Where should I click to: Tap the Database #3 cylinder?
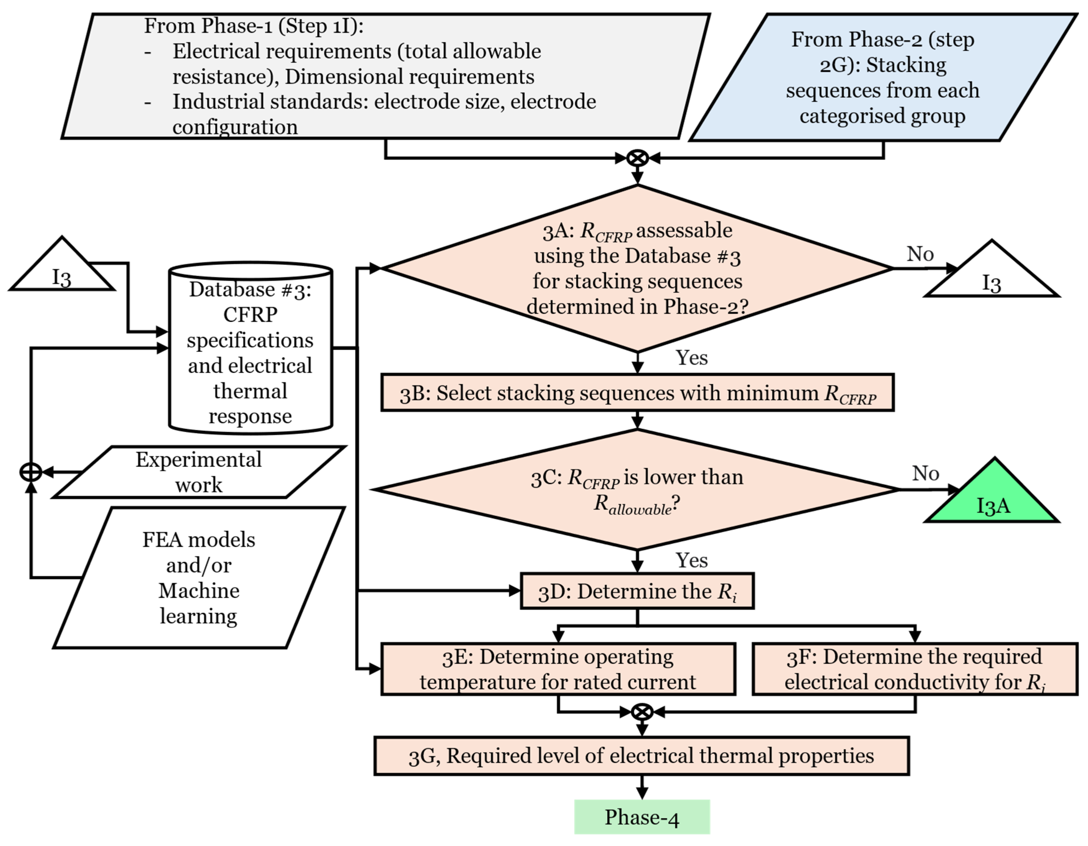(251, 347)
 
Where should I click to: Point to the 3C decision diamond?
(637, 490)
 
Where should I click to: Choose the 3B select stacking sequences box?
(638, 393)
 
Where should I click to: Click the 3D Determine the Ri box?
(637, 591)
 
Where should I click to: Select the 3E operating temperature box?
(558, 669)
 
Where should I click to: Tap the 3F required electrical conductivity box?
(915, 669)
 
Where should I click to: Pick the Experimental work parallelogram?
(199, 472)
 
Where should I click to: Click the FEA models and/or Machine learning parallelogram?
(199, 577)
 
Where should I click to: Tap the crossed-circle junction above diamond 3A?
(638, 158)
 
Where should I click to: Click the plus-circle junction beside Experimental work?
(31, 472)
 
